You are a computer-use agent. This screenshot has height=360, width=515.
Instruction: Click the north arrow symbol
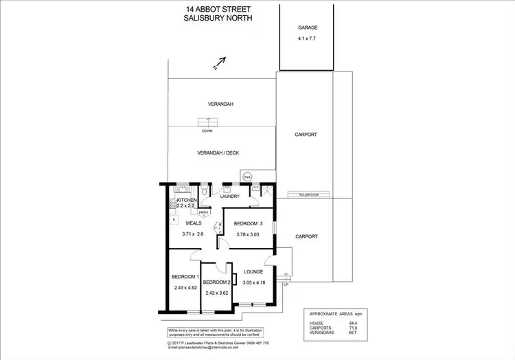coord(219,64)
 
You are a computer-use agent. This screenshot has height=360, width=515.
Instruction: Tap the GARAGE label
coord(307,28)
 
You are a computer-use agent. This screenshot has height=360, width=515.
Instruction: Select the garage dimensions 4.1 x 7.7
coord(307,38)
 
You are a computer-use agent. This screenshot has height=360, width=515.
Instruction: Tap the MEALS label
coord(194,223)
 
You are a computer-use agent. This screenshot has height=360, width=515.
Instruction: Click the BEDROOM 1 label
coord(185,277)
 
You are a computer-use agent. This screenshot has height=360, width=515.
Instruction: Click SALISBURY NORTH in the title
coord(219,18)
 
